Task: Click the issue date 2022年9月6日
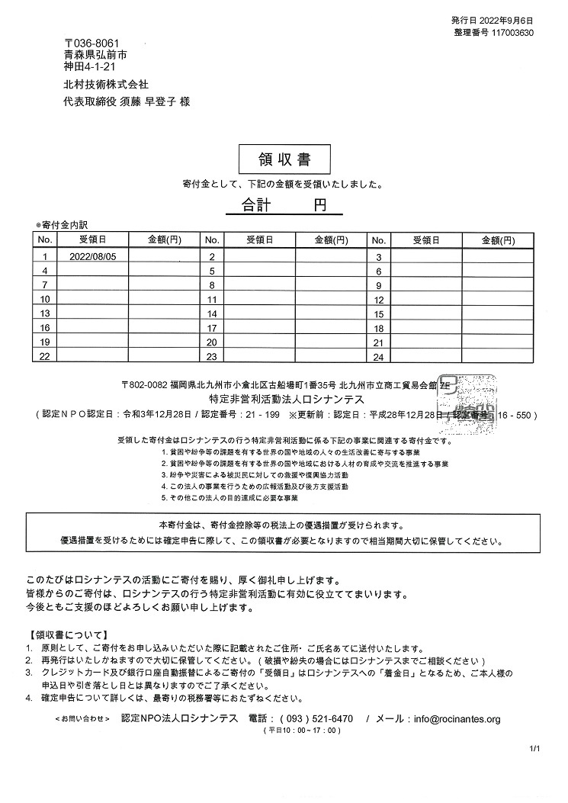coord(509,20)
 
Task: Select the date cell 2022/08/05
coord(93,257)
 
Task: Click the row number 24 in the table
coord(378,357)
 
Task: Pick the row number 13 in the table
coord(45,313)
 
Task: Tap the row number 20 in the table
coord(212,342)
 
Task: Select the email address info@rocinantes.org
coord(454,719)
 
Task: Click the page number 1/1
coord(534,750)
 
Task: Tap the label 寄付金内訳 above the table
coord(63,226)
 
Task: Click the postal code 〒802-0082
coord(144,384)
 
